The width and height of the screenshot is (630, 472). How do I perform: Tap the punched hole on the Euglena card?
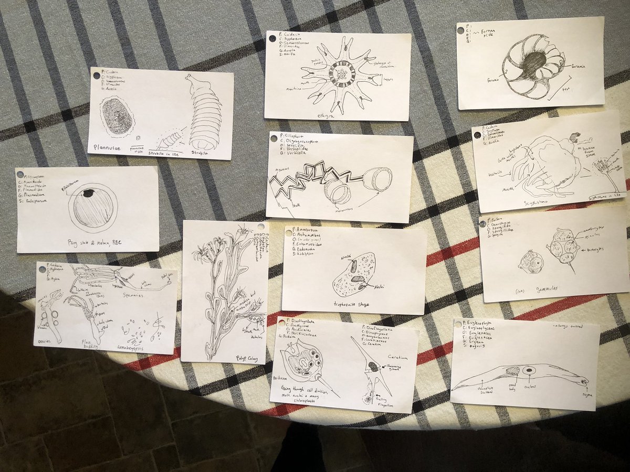point(457,323)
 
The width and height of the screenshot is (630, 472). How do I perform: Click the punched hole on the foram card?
point(461,30)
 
